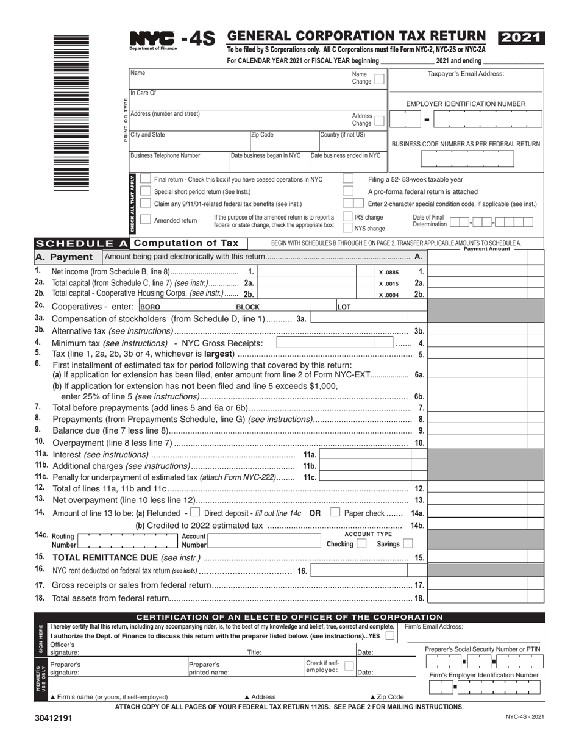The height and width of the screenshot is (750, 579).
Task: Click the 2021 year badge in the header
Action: click(x=521, y=38)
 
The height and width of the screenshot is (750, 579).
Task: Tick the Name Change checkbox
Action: click(x=378, y=79)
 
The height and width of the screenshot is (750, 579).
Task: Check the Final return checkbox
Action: click(x=146, y=179)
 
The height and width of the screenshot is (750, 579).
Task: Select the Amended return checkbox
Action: click(x=146, y=220)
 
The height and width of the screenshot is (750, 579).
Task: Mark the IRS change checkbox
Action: click(x=348, y=216)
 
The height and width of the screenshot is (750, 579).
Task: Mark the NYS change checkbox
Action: click(x=348, y=228)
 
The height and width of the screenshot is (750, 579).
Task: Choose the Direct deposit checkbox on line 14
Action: click(x=195, y=513)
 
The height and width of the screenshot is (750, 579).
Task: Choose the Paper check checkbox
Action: click(x=335, y=513)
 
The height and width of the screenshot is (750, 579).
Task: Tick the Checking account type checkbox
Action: click(x=361, y=543)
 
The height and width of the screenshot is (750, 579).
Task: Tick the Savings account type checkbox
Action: click(x=408, y=543)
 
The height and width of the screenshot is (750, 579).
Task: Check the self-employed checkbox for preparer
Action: click(x=349, y=666)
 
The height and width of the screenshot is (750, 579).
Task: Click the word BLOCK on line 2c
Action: click(x=247, y=307)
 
